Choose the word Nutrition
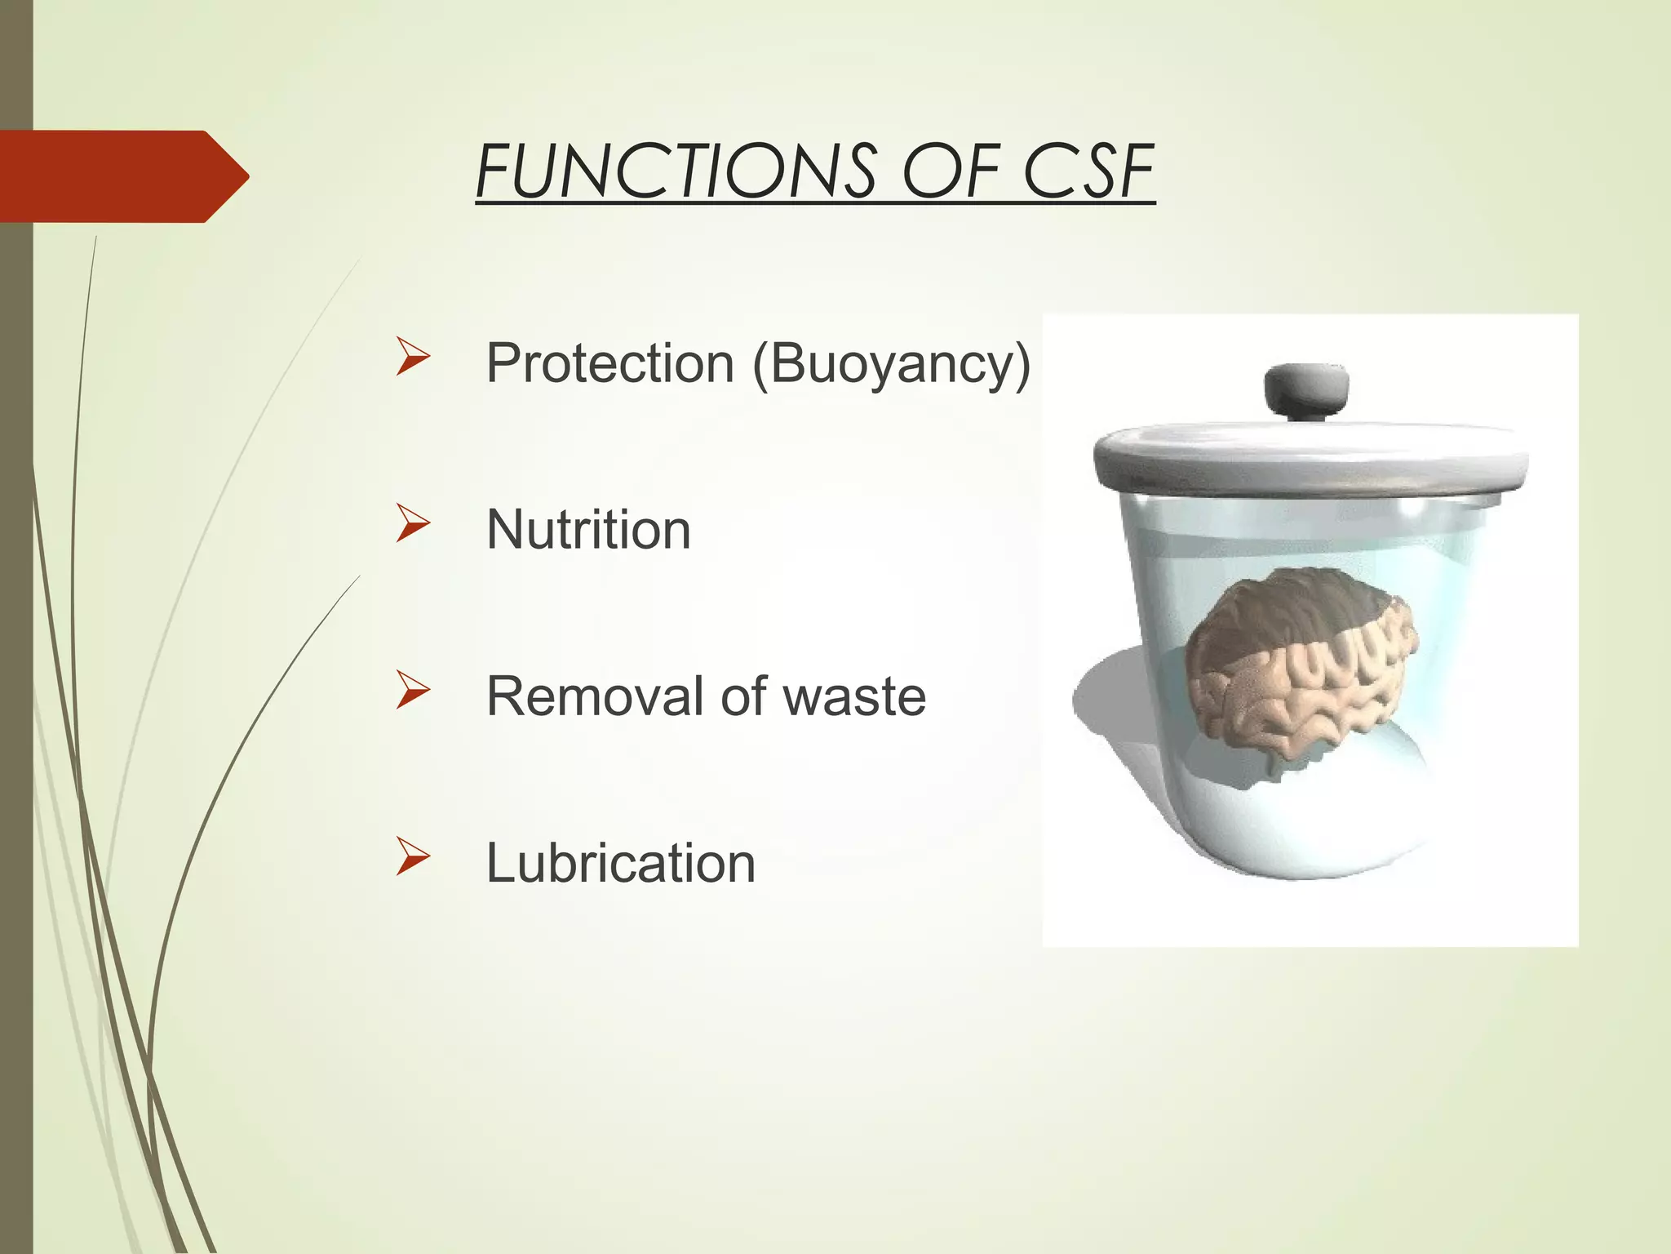click(x=588, y=530)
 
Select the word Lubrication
click(x=620, y=863)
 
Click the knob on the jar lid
click(x=1306, y=390)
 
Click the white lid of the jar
click(x=1310, y=457)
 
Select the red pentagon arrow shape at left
click(x=114, y=176)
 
